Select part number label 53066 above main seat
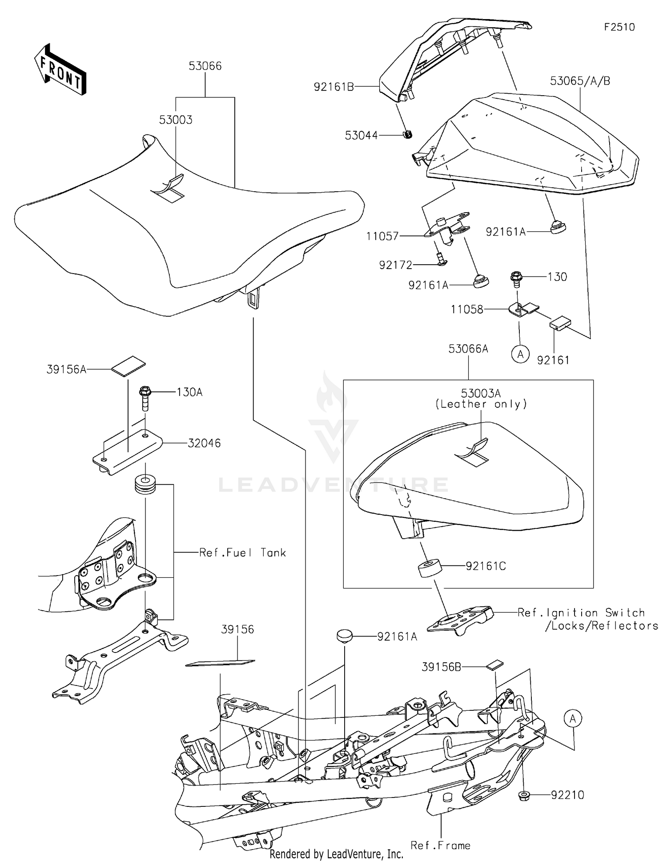(205, 66)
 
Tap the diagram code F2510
(619, 27)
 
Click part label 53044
(361, 135)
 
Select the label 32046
(204, 443)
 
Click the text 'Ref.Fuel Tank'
(242, 552)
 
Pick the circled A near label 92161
(520, 354)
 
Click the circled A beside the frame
(573, 718)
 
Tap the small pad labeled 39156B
(494, 665)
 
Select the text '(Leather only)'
(481, 404)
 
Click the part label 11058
(467, 309)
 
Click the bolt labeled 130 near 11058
(517, 277)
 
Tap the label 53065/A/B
(580, 81)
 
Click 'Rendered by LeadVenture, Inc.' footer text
(336, 854)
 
